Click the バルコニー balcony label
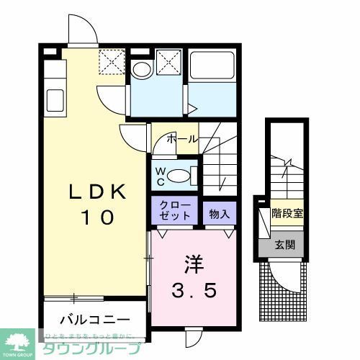click(94, 319)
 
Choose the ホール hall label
click(182, 139)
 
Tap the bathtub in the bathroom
click(212, 69)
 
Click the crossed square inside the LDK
click(112, 62)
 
